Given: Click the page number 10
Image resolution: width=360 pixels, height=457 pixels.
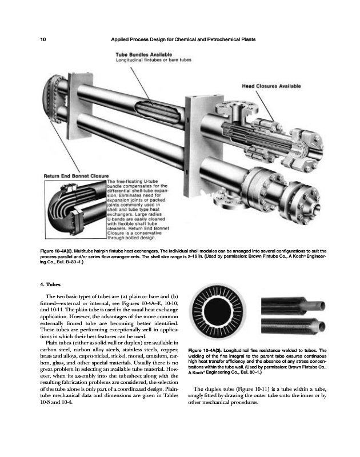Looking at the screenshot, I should [43, 39].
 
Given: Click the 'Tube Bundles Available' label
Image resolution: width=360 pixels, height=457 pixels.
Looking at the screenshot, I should [140, 54].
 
